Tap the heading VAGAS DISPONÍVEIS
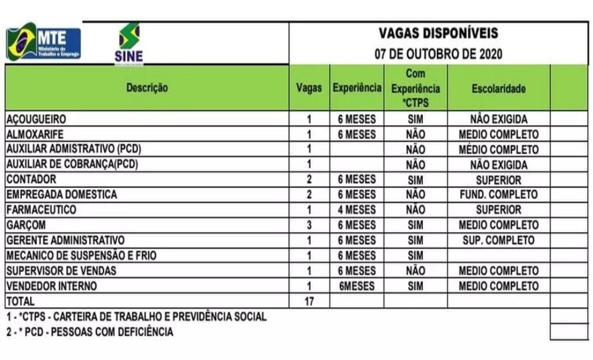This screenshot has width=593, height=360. tap(438, 33)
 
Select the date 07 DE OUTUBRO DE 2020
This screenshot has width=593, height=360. tap(438, 54)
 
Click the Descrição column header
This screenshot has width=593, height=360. tap(147, 88)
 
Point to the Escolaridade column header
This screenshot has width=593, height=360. tap(498, 88)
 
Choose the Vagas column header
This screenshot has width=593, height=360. tap(309, 88)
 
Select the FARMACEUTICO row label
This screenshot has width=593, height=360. tap(41, 210)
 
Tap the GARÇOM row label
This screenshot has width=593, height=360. tap(25, 225)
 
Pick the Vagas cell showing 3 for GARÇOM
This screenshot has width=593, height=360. tap(309, 225)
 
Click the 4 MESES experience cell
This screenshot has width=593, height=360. tap(357, 210)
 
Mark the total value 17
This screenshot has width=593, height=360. tap(309, 301)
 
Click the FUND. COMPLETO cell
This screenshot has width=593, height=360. tap(498, 194)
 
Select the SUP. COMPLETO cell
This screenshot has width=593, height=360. tap(498, 240)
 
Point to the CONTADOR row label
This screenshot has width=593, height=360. tap(31, 179)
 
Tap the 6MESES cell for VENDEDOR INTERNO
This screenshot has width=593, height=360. tap(357, 286)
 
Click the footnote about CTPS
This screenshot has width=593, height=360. tap(136, 317)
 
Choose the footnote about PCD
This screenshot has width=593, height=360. tap(89, 331)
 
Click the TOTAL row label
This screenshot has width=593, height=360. tap(20, 301)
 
